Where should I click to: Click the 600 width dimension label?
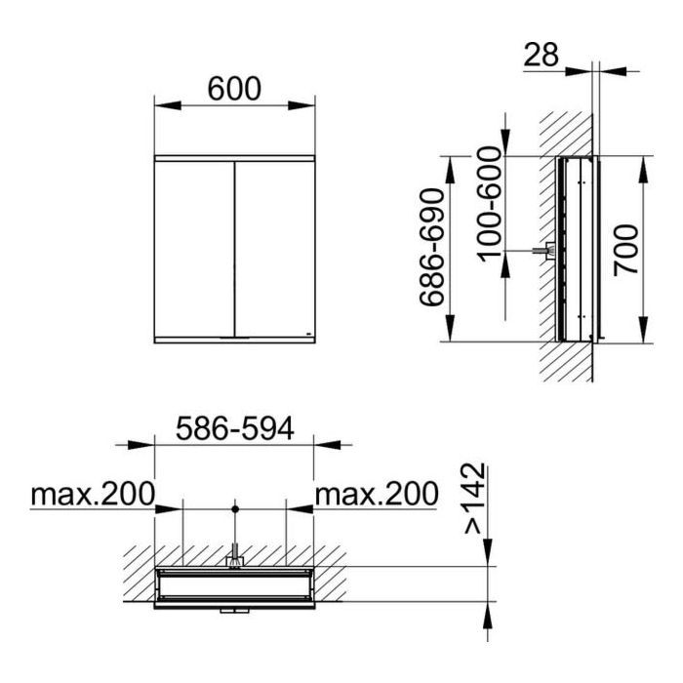234,89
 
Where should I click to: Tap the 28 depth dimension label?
541,55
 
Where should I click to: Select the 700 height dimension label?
626,250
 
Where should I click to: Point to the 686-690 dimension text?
432,248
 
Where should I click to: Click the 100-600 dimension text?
490,205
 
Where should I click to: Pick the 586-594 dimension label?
235,428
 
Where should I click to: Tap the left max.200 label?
93,494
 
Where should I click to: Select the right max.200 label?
377,494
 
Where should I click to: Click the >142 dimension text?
474,499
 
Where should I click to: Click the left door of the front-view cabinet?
194,249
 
